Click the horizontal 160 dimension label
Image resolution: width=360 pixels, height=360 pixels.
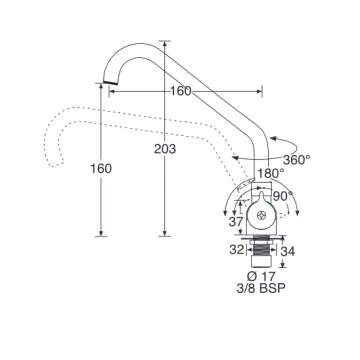tap(181, 91)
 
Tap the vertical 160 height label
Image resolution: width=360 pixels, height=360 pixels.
tap(101, 169)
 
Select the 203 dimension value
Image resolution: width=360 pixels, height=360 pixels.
tap(165, 149)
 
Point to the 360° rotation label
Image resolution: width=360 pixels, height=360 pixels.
tap(297, 160)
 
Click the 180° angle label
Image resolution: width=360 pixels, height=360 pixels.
tap(271, 173)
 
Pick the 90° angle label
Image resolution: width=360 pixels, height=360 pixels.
tap(283, 196)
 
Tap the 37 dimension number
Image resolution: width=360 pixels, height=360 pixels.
tap(236, 222)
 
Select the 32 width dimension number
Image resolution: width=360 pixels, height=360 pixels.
tap(236, 250)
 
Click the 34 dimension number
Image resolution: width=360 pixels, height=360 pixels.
tap(288, 252)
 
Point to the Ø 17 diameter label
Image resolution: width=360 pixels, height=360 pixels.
tap(261, 276)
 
